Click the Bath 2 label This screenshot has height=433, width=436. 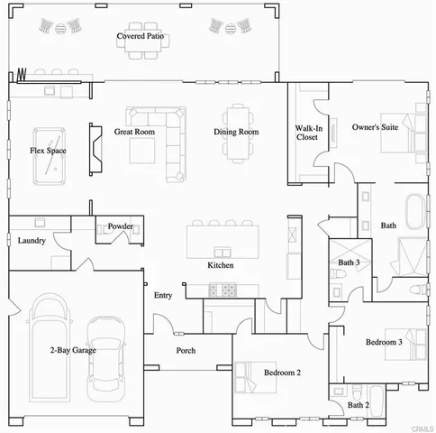[359, 406]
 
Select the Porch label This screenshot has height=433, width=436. [186, 351]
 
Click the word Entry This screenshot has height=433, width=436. [162, 295]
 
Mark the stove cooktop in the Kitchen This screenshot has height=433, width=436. [221, 290]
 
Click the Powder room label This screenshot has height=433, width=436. [120, 226]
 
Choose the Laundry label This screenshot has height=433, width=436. [32, 241]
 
